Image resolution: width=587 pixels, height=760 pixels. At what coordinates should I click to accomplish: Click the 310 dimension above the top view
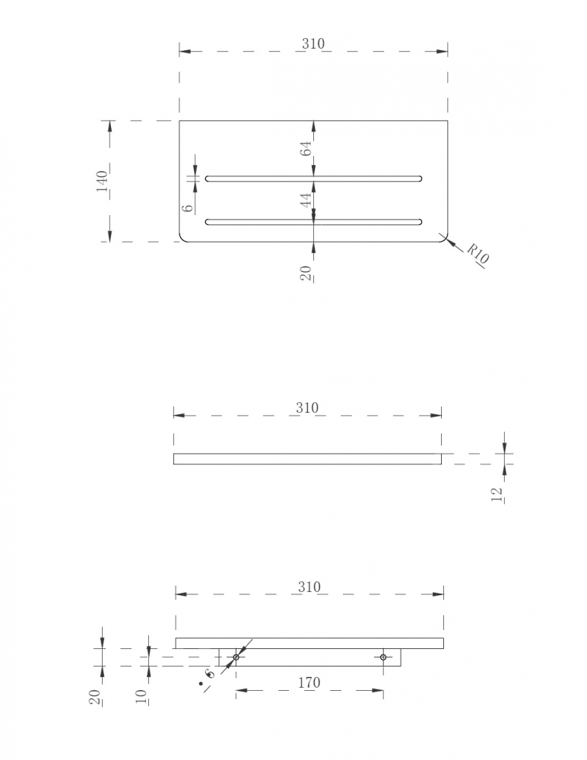(313, 43)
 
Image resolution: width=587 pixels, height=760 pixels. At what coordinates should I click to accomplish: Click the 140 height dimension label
(103, 182)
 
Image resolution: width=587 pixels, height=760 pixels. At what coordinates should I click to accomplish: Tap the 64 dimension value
(306, 148)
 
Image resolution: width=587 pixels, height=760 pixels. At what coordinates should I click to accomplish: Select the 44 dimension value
(306, 200)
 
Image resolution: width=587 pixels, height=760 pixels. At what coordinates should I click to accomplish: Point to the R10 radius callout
(478, 254)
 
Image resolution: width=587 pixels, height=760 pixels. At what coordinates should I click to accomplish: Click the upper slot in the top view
(313, 179)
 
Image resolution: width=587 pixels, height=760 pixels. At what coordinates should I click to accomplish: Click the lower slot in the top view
(313, 222)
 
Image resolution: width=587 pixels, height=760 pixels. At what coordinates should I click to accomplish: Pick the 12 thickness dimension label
(497, 495)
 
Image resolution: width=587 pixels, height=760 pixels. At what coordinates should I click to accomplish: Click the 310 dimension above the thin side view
(308, 407)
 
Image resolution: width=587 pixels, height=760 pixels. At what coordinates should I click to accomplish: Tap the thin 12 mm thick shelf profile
(308, 458)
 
